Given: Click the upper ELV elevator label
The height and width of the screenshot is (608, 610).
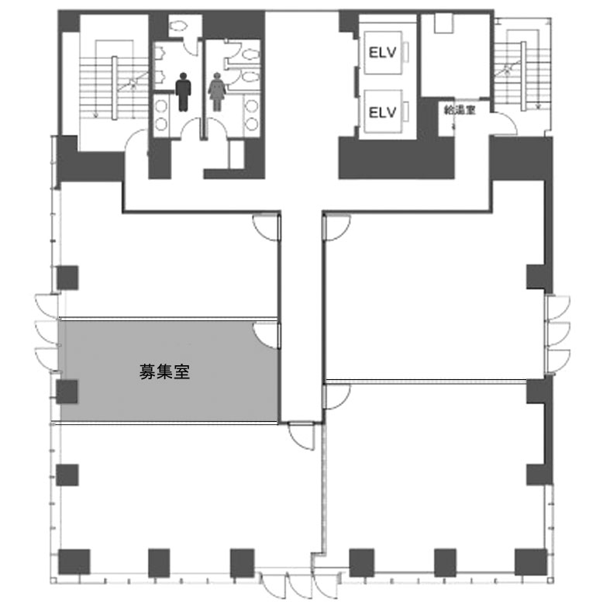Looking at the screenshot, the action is pos(382,53).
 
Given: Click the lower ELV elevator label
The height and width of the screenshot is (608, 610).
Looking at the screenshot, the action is pos(382,112).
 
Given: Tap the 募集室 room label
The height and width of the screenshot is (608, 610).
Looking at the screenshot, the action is pos(164,372).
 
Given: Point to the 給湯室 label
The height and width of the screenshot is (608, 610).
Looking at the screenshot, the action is pos(460,110).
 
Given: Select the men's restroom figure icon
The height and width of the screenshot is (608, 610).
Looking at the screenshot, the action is pos(183,92).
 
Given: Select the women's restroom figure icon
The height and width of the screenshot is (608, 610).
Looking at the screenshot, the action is pos(217,92).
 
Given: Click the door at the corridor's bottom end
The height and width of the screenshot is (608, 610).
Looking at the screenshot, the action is pos(302,437).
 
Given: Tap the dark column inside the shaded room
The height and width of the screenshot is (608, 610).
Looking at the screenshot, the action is pos(67,392).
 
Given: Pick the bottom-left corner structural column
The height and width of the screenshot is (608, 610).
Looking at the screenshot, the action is pos(74,561).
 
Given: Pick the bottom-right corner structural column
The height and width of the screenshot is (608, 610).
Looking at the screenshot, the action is pos(531,561).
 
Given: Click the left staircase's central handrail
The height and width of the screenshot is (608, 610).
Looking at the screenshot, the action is pos(115,88).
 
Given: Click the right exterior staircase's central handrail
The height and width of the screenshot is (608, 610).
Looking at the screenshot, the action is pos(523,75).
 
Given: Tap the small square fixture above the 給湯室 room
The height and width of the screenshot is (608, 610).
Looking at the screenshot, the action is pos(443,23).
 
